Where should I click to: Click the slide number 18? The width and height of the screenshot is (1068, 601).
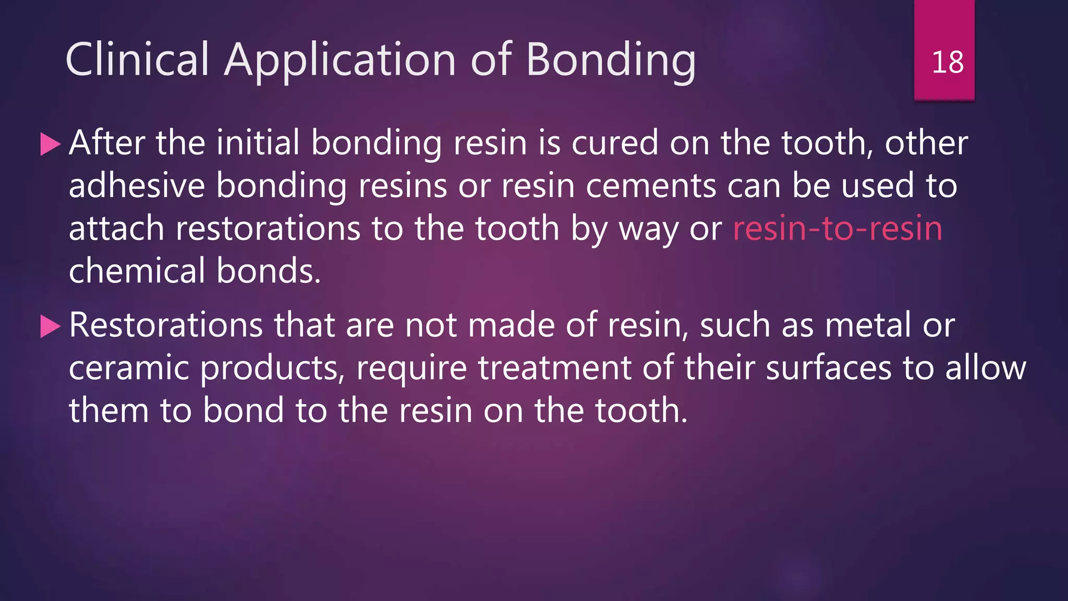[947, 62]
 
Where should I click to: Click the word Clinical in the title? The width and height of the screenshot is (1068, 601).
[137, 59]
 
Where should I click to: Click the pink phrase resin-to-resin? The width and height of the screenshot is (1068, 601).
[838, 229]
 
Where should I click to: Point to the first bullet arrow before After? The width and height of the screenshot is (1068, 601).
[50, 144]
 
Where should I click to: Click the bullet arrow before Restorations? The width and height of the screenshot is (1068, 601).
[50, 327]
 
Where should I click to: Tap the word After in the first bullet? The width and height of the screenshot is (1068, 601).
[106, 142]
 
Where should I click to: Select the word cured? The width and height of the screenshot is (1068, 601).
[615, 142]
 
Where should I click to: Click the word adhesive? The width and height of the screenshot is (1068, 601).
[137, 186]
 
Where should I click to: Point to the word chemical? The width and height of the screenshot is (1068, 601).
[137, 271]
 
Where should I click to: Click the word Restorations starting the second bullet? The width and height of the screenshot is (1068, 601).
[166, 325]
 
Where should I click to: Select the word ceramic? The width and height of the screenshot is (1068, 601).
[129, 368]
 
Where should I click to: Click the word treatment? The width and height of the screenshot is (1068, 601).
[554, 368]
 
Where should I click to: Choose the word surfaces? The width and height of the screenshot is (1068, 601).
[829, 368]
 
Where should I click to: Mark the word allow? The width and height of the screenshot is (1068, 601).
[985, 368]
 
